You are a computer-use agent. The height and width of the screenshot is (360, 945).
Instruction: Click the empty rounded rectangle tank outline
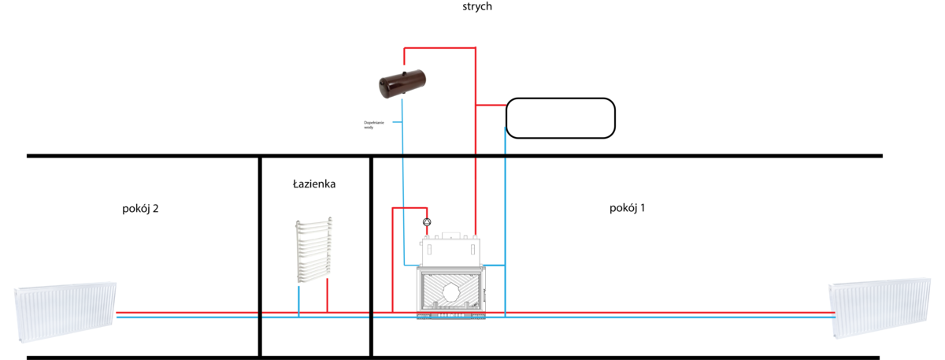[560, 118]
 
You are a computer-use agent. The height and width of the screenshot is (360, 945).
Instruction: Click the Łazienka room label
[314, 184]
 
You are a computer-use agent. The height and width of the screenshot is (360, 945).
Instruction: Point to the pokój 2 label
[141, 209]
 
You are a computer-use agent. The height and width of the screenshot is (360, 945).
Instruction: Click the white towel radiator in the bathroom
[314, 250]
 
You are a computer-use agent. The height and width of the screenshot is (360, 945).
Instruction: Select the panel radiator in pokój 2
[66, 312]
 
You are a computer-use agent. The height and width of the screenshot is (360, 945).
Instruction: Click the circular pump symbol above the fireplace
[428, 222]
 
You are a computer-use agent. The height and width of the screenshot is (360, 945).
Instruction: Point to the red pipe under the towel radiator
[327, 298]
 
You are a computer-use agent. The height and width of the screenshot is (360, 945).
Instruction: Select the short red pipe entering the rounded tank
[491, 105]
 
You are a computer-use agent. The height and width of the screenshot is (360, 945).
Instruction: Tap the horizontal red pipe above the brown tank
[439, 49]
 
